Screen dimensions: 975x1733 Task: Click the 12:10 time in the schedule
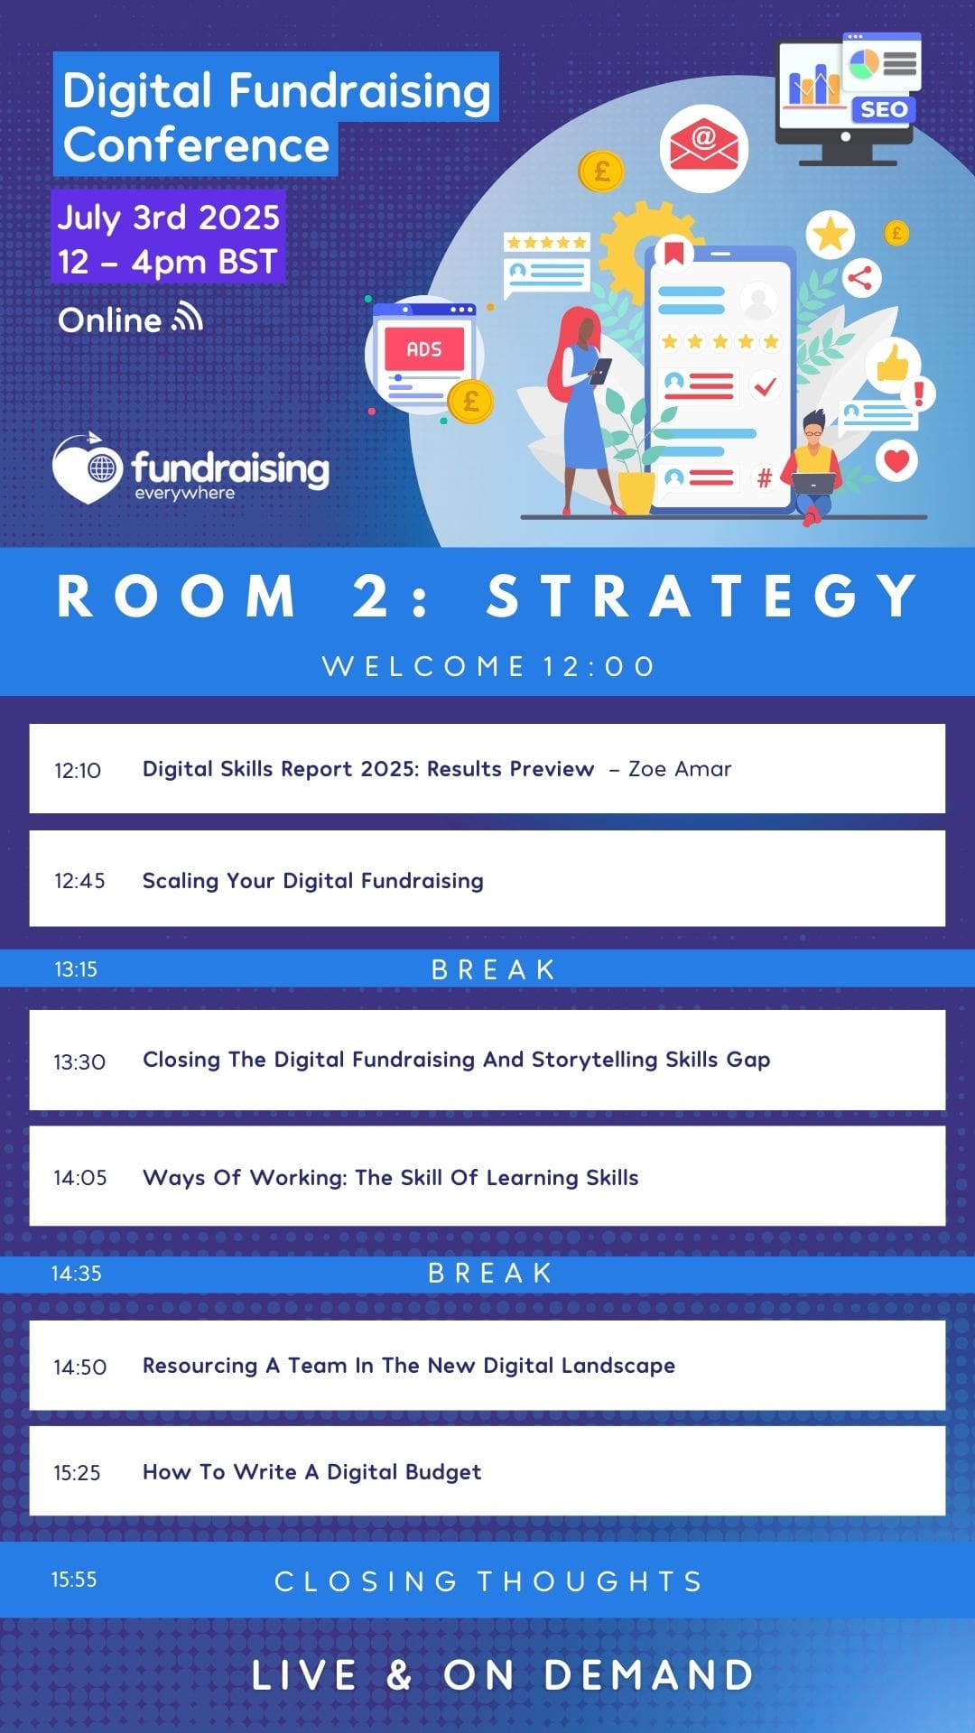pos(78,770)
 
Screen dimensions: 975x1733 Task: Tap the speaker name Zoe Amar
pos(680,769)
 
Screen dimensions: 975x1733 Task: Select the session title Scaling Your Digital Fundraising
pos(313,881)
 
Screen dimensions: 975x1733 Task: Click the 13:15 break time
pos(76,969)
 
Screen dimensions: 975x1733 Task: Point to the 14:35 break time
pos(76,1274)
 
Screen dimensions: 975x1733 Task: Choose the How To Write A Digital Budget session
pos(312,1472)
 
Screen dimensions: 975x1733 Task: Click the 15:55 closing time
pos(74,1580)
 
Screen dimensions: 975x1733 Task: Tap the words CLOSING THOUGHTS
pos(488,1581)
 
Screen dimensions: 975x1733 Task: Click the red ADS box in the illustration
pos(424,349)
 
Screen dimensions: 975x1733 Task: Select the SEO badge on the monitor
pos(883,110)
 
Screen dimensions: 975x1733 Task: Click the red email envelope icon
pos(703,148)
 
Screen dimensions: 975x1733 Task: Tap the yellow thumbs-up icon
pos(893,364)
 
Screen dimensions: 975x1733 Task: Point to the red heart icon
pos(896,460)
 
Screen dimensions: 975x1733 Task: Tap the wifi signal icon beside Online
pos(188,318)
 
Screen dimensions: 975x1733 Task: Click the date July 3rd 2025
pos(169,218)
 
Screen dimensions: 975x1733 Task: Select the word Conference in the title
pos(197,145)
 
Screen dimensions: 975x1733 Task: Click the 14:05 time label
pos(80,1178)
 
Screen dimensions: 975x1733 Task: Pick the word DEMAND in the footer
pos(649,1675)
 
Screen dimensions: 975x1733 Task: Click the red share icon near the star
pos(859,278)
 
